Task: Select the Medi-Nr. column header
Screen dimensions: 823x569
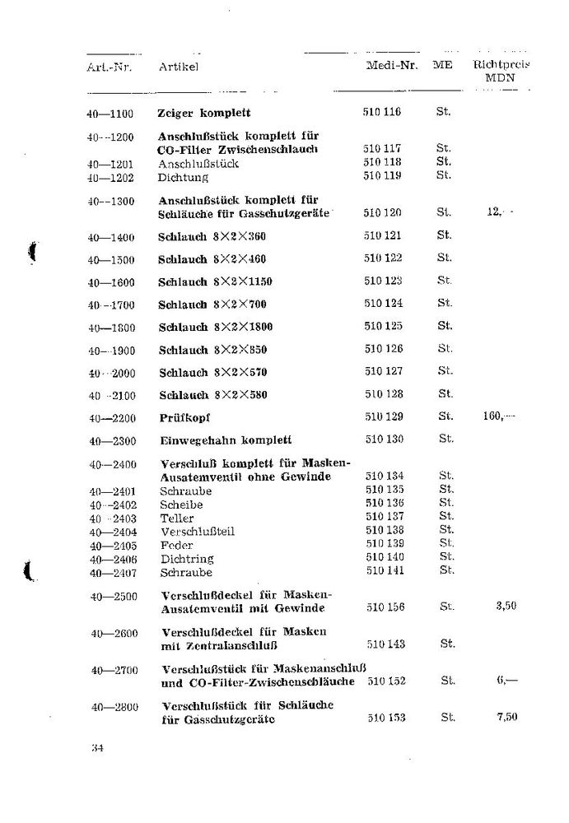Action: click(x=390, y=65)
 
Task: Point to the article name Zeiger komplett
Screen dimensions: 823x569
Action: click(x=203, y=112)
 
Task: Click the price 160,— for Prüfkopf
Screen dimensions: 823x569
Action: click(x=498, y=416)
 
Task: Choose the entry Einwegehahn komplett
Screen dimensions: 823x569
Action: click(x=224, y=439)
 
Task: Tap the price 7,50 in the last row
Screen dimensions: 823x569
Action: click(x=506, y=718)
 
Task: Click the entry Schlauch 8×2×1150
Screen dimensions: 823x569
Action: click(x=214, y=281)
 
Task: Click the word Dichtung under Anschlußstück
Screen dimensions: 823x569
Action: click(x=183, y=177)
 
